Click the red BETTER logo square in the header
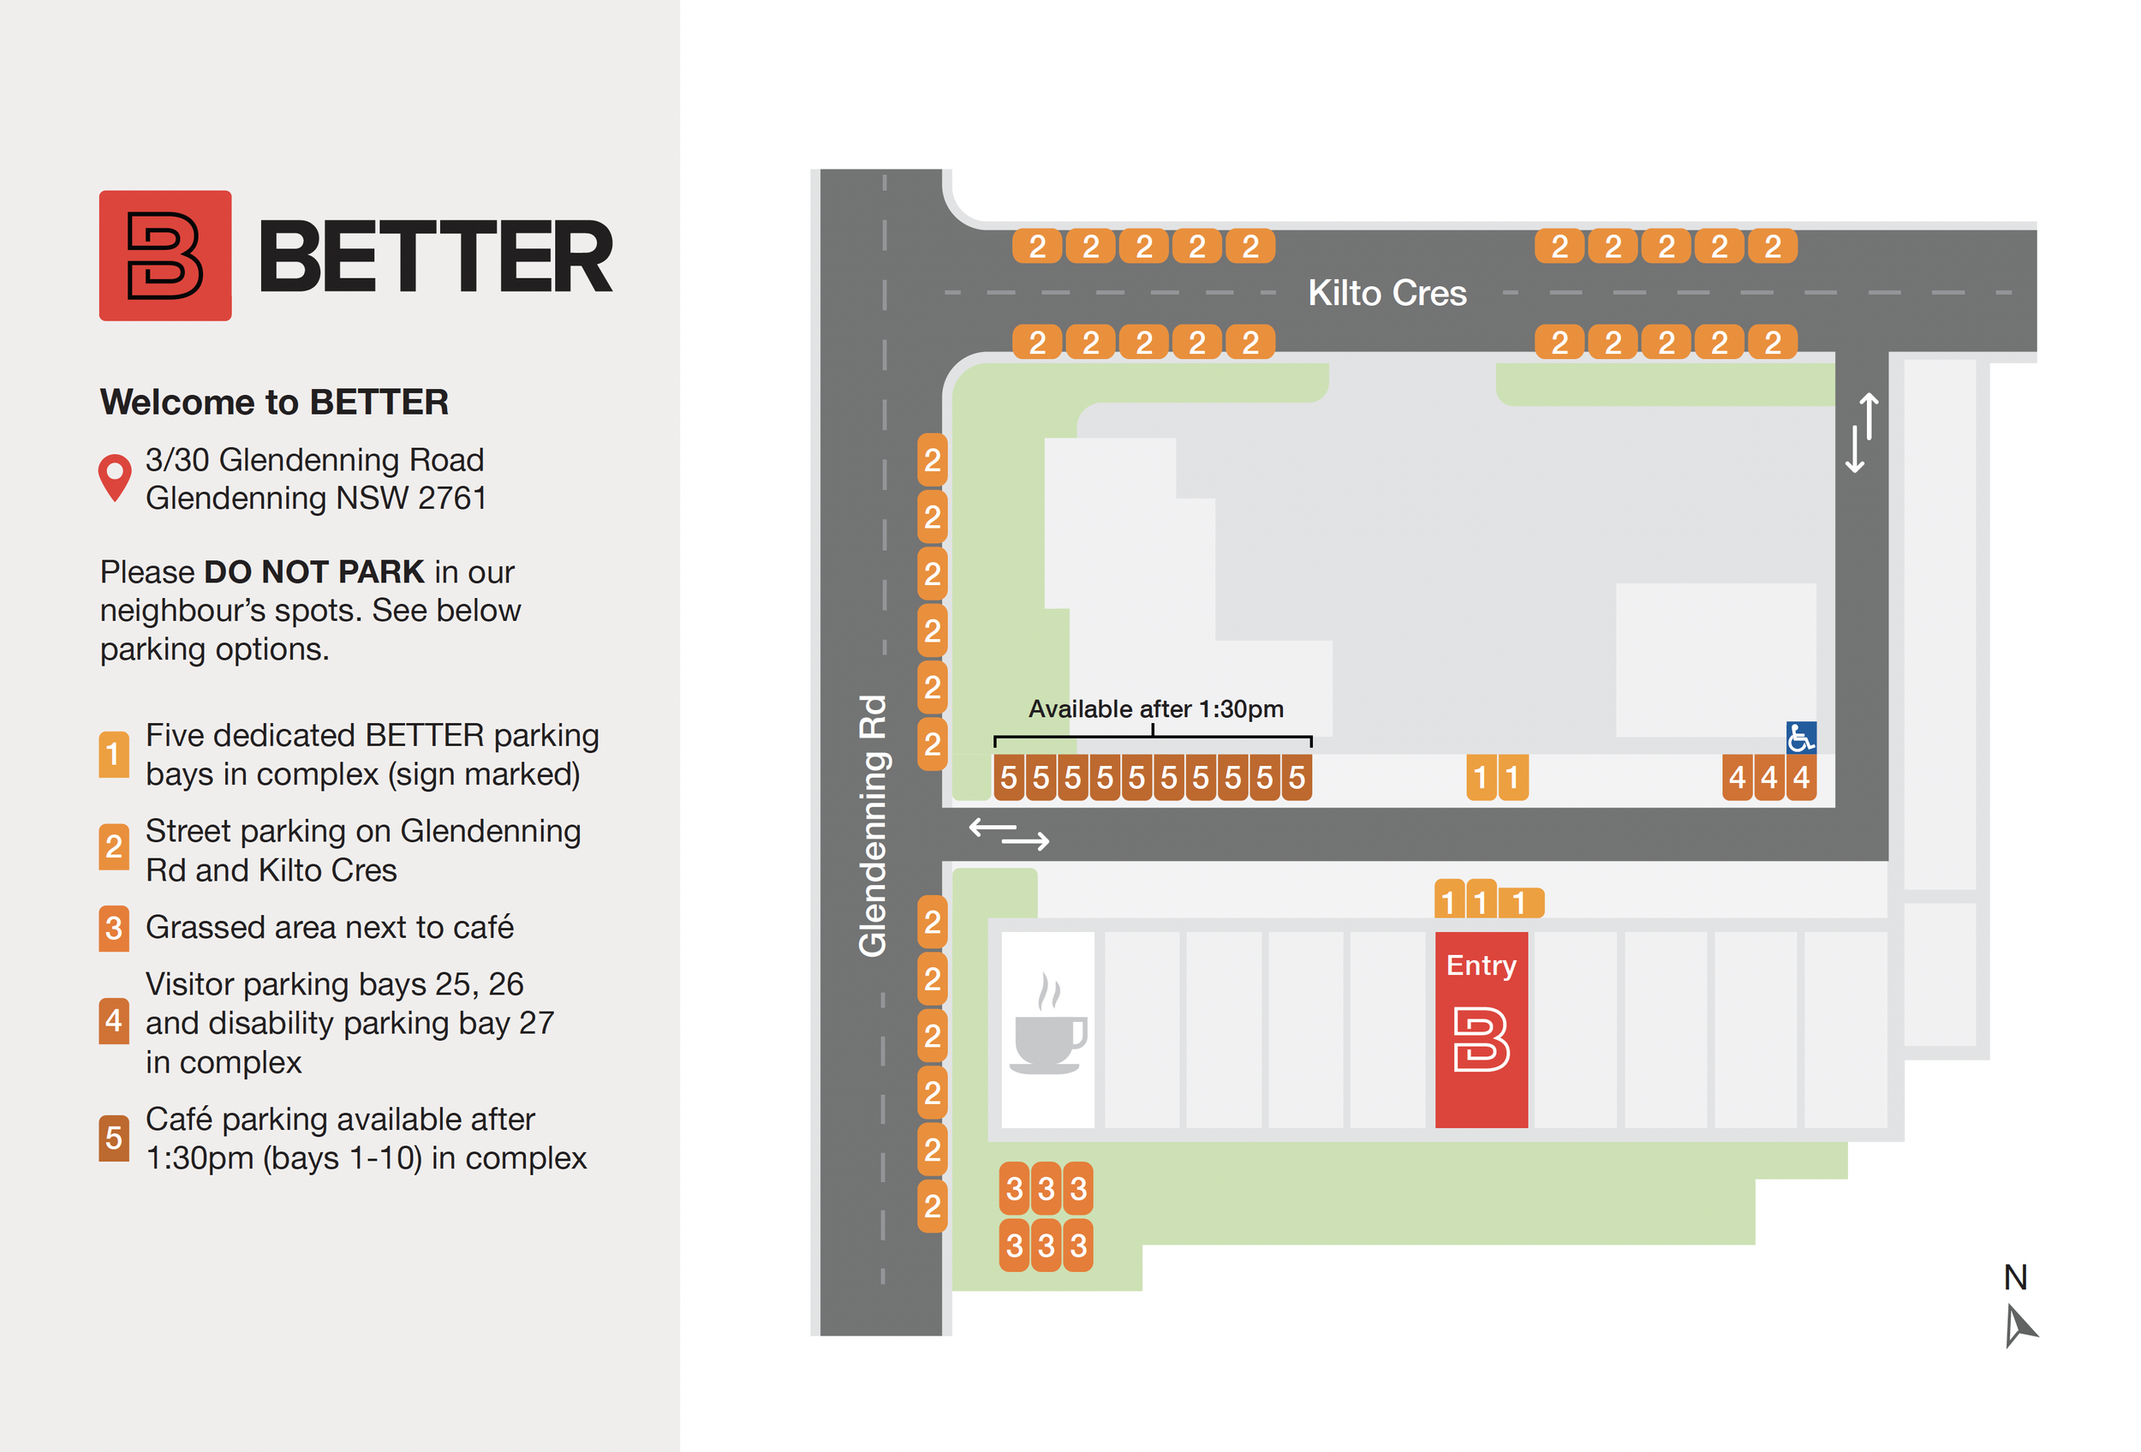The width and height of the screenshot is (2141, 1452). coord(165,255)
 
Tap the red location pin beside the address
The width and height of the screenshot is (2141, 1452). coord(114,475)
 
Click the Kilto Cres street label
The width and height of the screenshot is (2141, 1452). coord(1387,293)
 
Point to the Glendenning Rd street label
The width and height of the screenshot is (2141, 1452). coord(872,826)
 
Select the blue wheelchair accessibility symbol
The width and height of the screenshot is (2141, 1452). coord(1800,737)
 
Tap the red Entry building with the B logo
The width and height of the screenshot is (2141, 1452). coord(1481,1029)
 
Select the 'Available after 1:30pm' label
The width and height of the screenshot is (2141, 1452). coord(1155,708)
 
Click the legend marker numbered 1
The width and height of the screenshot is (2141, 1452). coord(113,755)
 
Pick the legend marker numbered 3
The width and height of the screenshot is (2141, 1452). coord(113,928)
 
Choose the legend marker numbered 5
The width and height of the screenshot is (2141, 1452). coord(113,1138)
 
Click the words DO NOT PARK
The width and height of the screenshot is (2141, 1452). coord(313,571)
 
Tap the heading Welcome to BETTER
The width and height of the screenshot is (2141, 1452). coord(273,402)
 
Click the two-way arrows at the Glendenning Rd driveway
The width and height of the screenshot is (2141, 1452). coord(1008,833)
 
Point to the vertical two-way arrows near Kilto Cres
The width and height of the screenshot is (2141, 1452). coord(1861,433)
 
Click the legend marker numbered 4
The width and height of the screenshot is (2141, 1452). coord(113,1021)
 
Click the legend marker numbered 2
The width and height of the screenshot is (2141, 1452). coord(113,846)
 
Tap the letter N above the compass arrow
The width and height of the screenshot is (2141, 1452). coord(2015,1277)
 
